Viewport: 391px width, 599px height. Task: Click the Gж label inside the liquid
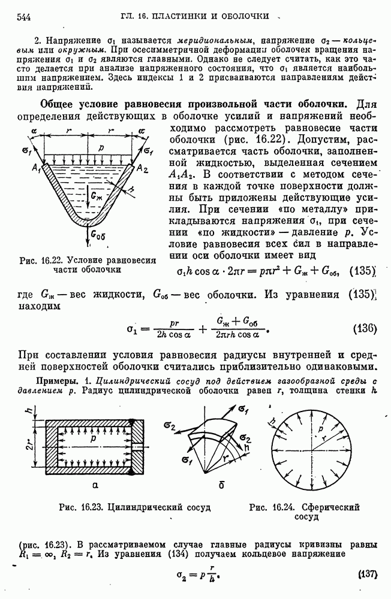(x=96, y=195)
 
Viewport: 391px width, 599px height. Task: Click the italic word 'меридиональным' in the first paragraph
(x=161, y=40)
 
